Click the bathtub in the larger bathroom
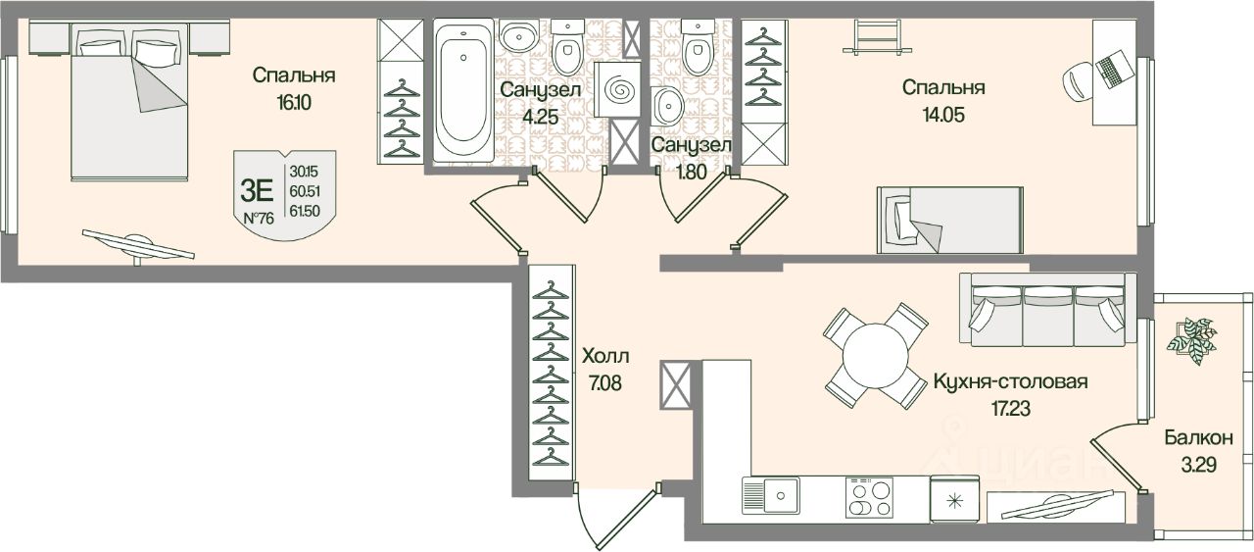click(462, 92)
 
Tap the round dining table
click(875, 356)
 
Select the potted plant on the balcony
click(1192, 339)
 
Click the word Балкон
click(1191, 438)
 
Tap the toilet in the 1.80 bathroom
click(699, 49)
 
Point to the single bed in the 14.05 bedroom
click(920, 219)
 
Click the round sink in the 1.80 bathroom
click(667, 102)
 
